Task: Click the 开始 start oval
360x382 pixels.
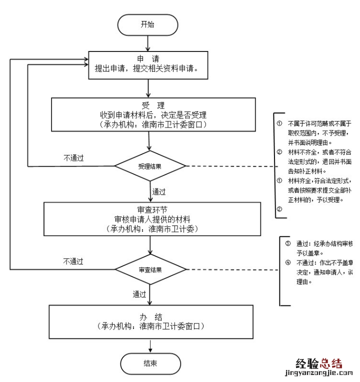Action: [147, 24]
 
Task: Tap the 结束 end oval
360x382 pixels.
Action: [150, 363]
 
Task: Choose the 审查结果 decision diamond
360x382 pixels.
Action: [150, 269]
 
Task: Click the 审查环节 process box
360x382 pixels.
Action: [152, 218]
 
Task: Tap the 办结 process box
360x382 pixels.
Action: [150, 320]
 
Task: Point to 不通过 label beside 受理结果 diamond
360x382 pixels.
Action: [73, 158]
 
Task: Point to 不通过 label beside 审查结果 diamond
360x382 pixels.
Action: [73, 261]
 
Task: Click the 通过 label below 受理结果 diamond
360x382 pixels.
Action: [158, 191]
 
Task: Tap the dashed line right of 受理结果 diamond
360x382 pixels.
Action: [230, 166]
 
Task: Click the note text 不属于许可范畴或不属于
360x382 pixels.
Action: [320, 123]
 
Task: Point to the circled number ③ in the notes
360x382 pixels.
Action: [288, 244]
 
